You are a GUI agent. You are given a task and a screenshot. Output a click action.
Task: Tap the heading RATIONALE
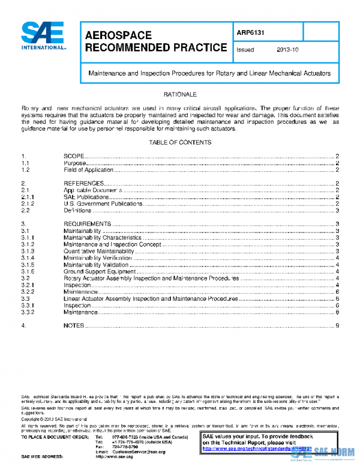pos(179,94)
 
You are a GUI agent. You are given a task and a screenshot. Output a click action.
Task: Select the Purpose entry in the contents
pos(76,163)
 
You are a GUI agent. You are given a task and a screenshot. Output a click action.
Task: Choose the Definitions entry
pos(77,211)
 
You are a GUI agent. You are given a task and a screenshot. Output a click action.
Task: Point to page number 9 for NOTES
pos(338,325)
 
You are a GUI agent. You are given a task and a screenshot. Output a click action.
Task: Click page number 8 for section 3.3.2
pos(338,312)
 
